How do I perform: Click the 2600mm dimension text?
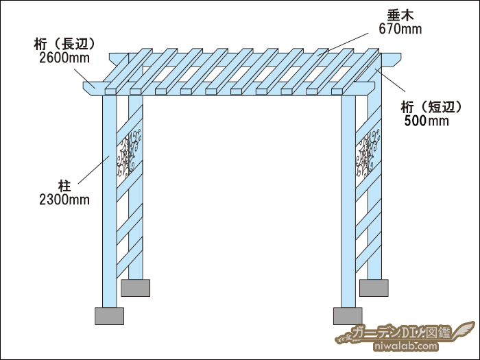click(x=64, y=58)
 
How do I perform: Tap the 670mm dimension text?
click(x=400, y=29)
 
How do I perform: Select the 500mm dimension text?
click(x=427, y=121)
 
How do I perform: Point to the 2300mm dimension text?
click(x=64, y=200)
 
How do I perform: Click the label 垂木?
click(x=400, y=15)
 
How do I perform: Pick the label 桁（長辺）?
click(x=64, y=44)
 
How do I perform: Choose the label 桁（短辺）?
click(x=431, y=107)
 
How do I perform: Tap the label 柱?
click(x=64, y=186)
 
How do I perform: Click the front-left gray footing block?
click(x=109, y=316)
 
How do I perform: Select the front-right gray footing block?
click(x=348, y=316)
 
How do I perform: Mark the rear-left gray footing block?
click(x=135, y=288)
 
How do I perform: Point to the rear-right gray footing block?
click(x=374, y=288)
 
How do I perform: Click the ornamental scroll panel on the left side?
click(x=129, y=154)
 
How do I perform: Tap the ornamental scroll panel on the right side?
click(x=368, y=154)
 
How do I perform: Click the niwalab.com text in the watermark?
click(x=406, y=346)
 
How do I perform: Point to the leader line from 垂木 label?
click(x=343, y=45)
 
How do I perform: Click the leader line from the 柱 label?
click(x=94, y=169)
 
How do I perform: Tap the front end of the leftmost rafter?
click(x=111, y=91)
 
